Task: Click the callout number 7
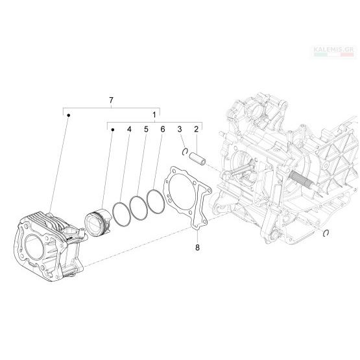click(x=111, y=101)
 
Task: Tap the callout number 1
click(x=154, y=115)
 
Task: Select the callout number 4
click(x=129, y=129)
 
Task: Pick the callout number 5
click(x=146, y=129)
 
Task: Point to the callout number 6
click(x=163, y=129)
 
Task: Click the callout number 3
click(x=180, y=129)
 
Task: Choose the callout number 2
click(x=196, y=129)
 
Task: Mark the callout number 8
click(x=197, y=248)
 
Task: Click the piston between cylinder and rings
click(x=98, y=222)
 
